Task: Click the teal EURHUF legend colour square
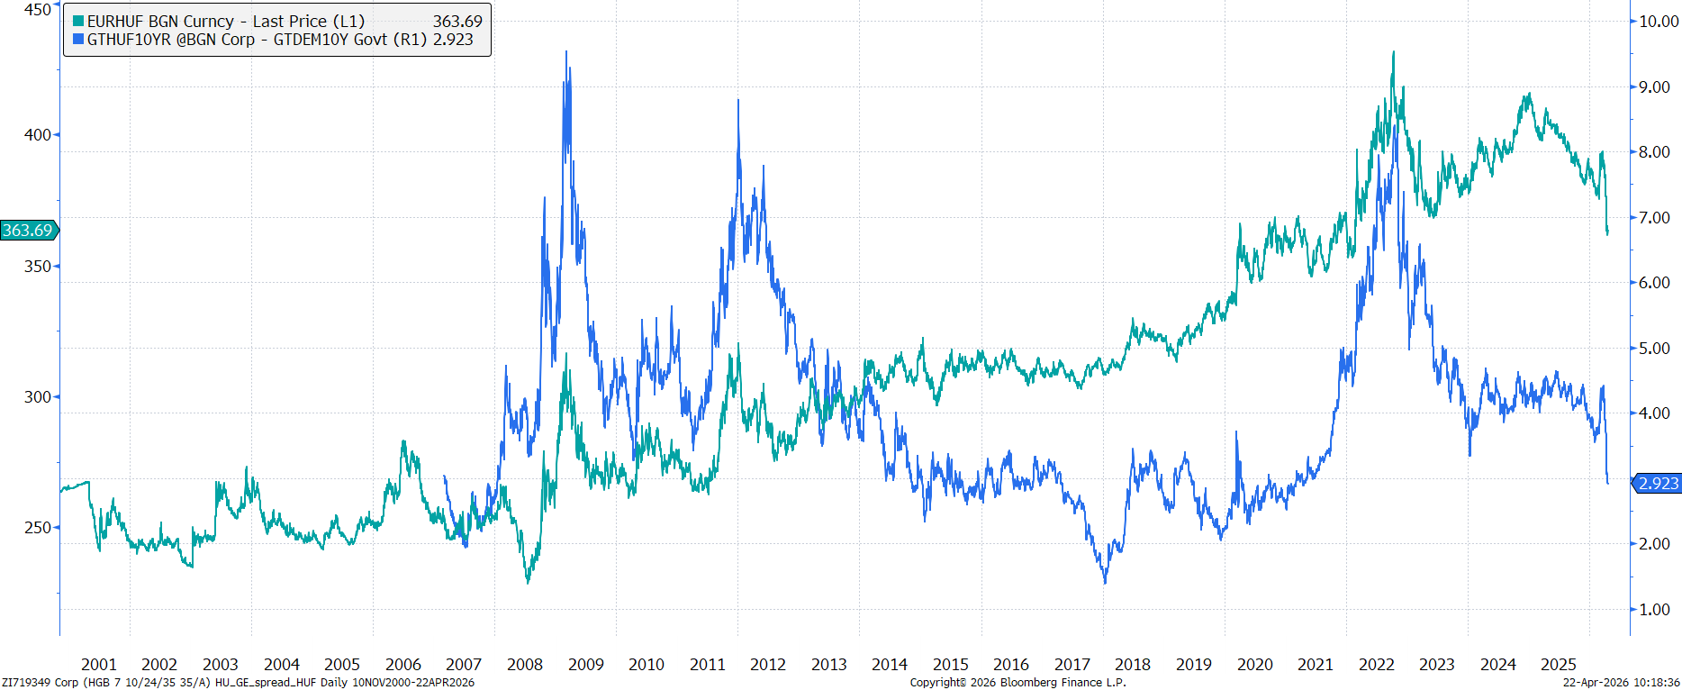click(78, 22)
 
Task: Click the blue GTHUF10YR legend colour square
click(78, 40)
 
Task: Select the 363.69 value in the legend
click(457, 22)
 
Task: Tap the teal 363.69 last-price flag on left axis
click(28, 231)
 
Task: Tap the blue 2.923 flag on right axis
click(1658, 484)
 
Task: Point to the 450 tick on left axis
click(38, 9)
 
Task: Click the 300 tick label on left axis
click(38, 397)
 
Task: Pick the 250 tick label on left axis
click(38, 528)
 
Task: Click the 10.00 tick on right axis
click(1658, 22)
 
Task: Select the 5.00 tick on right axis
click(1654, 349)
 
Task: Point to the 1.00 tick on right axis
click(1654, 610)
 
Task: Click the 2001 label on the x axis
click(98, 665)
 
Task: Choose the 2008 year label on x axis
click(525, 665)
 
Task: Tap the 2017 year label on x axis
click(1072, 665)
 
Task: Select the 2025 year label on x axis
click(1559, 665)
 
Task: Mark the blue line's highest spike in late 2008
click(566, 52)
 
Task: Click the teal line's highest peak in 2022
click(1393, 52)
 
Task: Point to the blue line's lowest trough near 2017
click(1105, 582)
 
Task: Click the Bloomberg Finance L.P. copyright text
click(1017, 683)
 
